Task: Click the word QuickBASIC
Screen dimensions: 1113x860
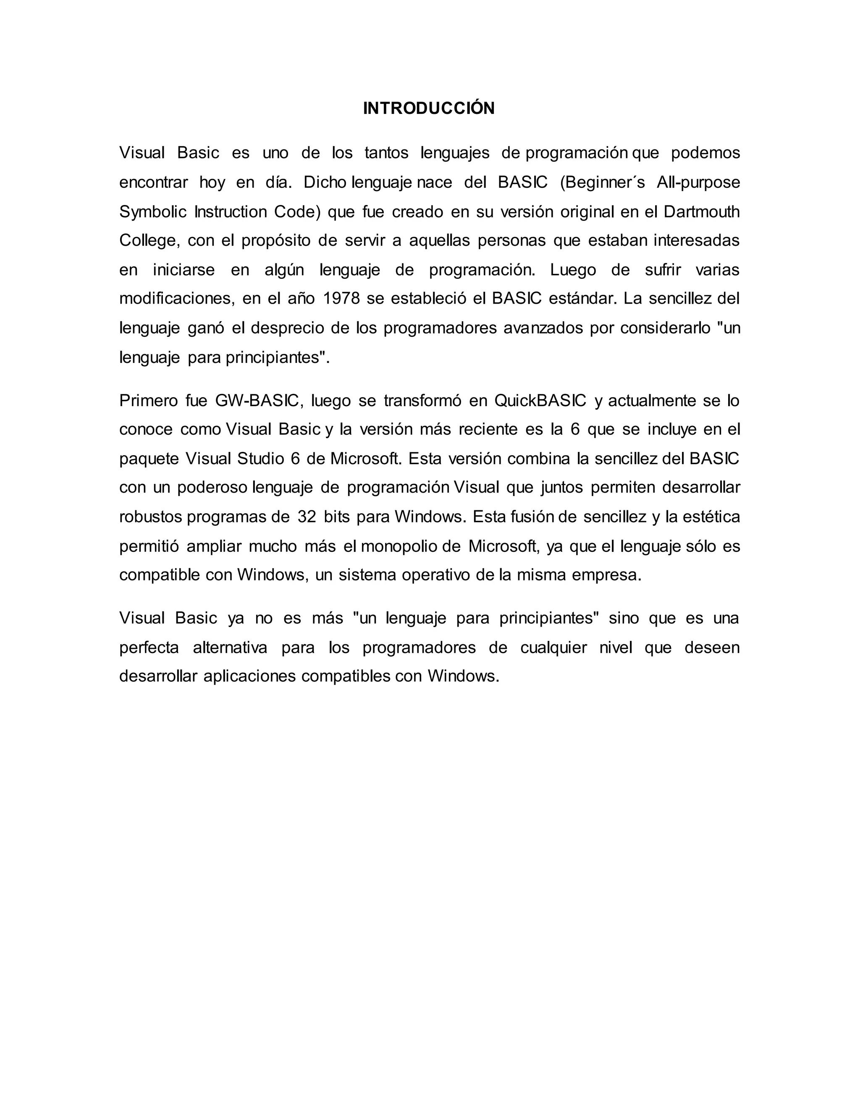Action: (x=540, y=401)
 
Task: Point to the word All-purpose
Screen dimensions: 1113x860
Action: (x=698, y=182)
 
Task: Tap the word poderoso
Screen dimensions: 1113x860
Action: (x=212, y=488)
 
